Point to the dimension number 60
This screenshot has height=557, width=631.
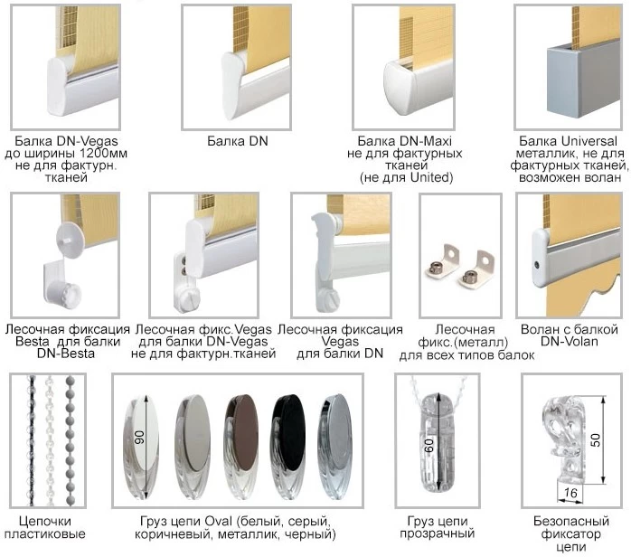[x=429, y=445]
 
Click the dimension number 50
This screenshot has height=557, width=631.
[x=596, y=439]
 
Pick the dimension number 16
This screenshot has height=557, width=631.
[x=570, y=492]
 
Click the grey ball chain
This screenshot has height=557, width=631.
[x=70, y=440]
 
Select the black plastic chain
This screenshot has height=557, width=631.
[x=31, y=440]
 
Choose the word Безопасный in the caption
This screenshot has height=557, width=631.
[x=571, y=522]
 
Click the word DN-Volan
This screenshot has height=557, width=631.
[x=569, y=342]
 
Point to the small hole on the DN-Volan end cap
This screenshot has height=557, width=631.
[x=537, y=265]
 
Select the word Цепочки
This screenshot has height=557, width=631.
[x=45, y=522]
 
